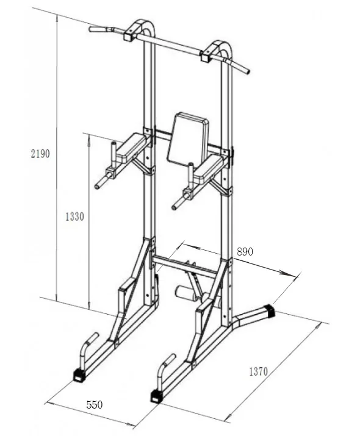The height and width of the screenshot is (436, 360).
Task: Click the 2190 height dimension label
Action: point(40,154)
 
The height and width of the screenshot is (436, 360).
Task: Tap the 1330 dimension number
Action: point(74,216)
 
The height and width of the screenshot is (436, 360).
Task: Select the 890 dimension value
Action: point(245,252)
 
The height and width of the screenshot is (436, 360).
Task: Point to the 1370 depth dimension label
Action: point(259,371)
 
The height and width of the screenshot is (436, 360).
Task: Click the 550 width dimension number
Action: point(95,405)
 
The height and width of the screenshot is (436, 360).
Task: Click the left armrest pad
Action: point(131,147)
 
